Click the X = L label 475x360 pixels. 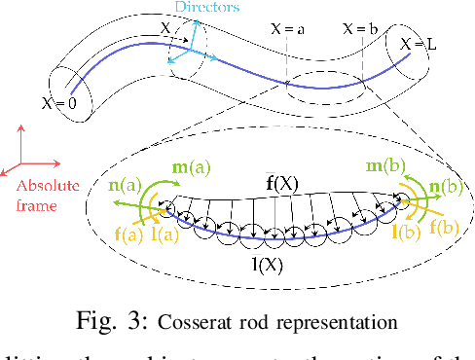(420, 44)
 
